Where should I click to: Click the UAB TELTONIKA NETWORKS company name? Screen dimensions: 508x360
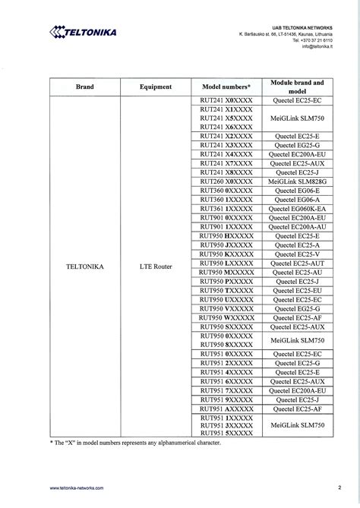[303, 27]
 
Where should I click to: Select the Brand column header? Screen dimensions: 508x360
[85, 87]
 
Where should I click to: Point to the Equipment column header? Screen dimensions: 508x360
[156, 87]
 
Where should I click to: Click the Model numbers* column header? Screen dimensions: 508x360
[226, 87]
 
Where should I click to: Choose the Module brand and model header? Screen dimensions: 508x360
[297, 87]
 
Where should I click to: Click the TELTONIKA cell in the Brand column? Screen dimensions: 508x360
[85, 267]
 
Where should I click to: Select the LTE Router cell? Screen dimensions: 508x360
[156, 267]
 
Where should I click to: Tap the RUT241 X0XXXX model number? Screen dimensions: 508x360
[226, 100]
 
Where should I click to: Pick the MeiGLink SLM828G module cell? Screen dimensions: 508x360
[297, 182]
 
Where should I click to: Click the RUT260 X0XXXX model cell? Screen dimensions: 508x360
[226, 182]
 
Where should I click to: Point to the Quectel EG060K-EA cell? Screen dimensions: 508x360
[297, 209]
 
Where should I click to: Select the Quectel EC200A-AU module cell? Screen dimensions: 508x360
[297, 227]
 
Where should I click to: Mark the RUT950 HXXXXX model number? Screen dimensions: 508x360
[226, 236]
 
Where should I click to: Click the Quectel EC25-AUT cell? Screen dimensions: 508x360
[297, 263]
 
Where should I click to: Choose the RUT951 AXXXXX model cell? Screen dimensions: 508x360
[226, 409]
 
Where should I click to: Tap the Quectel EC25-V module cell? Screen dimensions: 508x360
[297, 254]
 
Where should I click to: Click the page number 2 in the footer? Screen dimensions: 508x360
[339, 487]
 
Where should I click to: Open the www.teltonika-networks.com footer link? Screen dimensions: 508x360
[77, 487]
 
